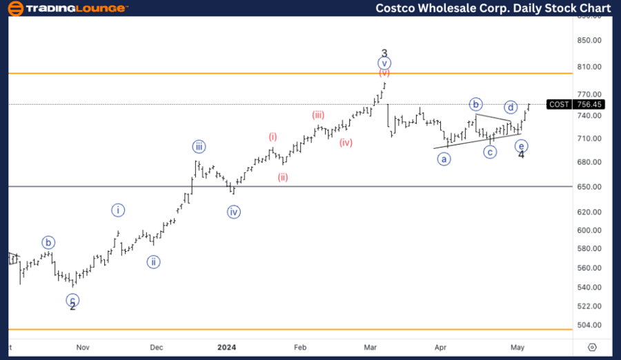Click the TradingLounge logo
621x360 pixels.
(68, 8)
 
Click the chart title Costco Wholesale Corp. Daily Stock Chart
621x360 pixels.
(493, 8)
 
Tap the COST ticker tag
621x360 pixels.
(558, 104)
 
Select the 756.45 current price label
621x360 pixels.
(590, 104)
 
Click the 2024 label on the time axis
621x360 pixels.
(226, 347)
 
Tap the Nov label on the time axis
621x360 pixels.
(83, 347)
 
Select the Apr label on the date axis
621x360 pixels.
(440, 347)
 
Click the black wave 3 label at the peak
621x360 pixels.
(384, 53)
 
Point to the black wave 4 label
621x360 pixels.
(521, 154)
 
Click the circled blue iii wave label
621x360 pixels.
(199, 146)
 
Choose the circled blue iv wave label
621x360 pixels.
(233, 212)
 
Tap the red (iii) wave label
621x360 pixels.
(318, 115)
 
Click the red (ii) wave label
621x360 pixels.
(283, 177)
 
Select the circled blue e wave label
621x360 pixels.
(522, 146)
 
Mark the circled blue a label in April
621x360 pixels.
(444, 159)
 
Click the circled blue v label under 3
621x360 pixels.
(384, 63)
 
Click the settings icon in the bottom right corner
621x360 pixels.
(591, 347)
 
